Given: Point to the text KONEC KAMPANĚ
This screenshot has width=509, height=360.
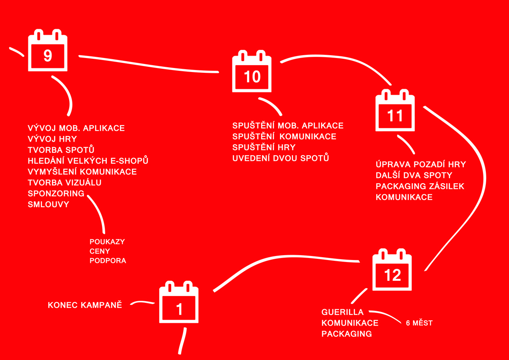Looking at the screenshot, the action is coord(85,305).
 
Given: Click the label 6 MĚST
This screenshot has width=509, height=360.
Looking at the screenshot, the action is coord(419,323).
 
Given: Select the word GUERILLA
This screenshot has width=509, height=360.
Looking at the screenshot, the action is coord(342,312).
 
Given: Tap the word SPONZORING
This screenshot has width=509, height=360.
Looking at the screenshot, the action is coord(56,194).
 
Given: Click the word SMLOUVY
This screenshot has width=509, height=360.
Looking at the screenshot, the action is coord(48,204).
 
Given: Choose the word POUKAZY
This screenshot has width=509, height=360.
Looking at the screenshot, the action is coord(107,242).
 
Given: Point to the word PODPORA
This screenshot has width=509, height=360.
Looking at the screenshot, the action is coord(108,261).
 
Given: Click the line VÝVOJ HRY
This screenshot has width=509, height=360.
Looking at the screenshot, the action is coord(52,139).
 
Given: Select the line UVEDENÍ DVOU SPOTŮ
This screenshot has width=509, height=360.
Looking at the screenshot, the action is coord(281,158).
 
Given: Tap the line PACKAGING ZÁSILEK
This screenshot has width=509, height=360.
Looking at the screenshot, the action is coord(420,186).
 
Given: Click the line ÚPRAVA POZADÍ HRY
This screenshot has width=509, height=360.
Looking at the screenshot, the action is coord(421,164).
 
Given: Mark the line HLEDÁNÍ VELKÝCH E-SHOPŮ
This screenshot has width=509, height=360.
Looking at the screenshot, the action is coord(88,161).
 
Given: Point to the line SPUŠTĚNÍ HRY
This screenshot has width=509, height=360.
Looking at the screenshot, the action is coord(264,147).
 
